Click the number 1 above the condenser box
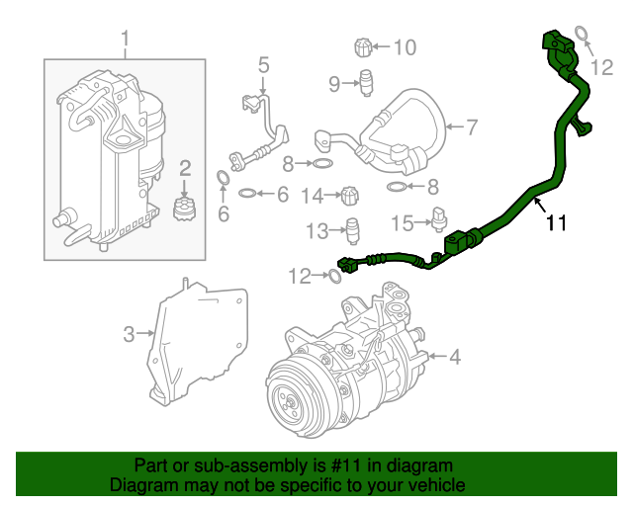pos(126,40)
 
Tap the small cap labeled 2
pos(182,209)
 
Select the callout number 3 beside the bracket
pos(129,334)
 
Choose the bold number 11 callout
pos(557,224)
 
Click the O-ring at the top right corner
pos(584,37)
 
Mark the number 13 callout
pos(316,231)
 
